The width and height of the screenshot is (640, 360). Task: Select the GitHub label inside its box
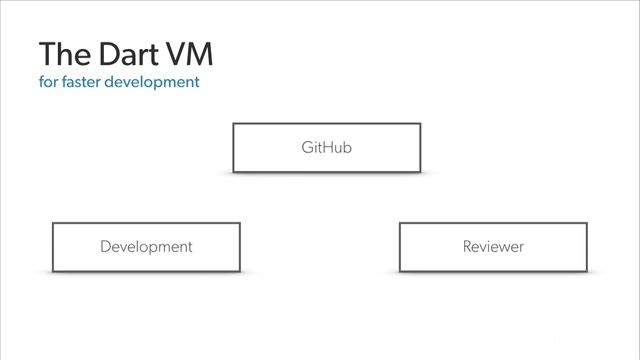pos(327,148)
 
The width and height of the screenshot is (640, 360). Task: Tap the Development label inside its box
pos(146,246)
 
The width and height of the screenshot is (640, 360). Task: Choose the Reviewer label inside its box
pos(493,246)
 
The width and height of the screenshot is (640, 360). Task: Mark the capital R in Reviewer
pos(467,246)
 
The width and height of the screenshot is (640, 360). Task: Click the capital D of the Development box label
pos(105,246)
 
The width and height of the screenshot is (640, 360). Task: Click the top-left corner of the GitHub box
pos(234,124)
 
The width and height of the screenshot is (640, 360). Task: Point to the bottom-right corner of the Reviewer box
pos(586,271)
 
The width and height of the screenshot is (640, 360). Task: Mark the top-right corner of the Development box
pos(239,223)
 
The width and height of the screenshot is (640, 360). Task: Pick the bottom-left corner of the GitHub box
pos(234,172)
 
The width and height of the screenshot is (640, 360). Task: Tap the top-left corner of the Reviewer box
pos(400,223)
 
